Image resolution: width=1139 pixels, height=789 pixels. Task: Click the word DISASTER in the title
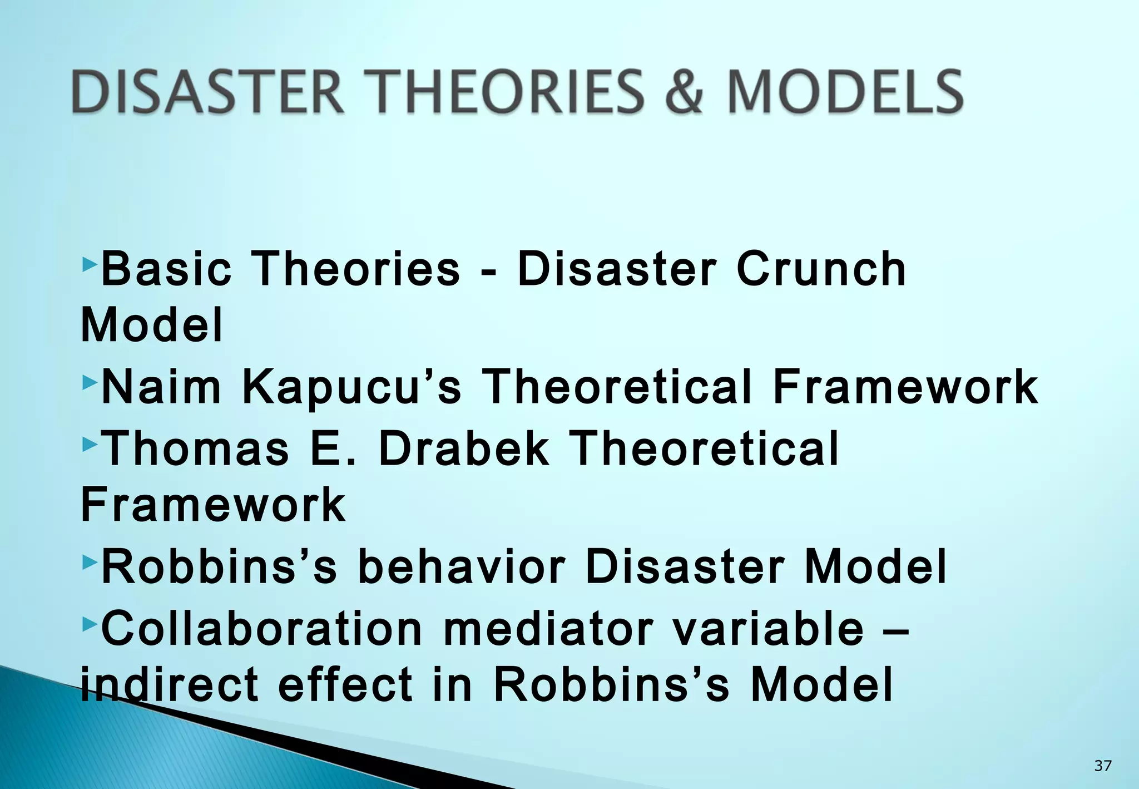click(207, 92)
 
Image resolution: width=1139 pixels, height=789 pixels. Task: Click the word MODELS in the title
click(845, 92)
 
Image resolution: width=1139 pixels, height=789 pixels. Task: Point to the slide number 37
click(1102, 766)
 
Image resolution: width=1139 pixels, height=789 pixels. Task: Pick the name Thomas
click(196, 448)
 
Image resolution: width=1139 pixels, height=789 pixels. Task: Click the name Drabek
click(464, 448)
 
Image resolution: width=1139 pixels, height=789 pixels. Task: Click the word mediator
click(547, 628)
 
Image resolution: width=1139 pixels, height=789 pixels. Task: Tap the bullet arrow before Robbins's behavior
click(89, 563)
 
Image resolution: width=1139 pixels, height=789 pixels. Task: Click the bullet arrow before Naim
click(89, 382)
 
